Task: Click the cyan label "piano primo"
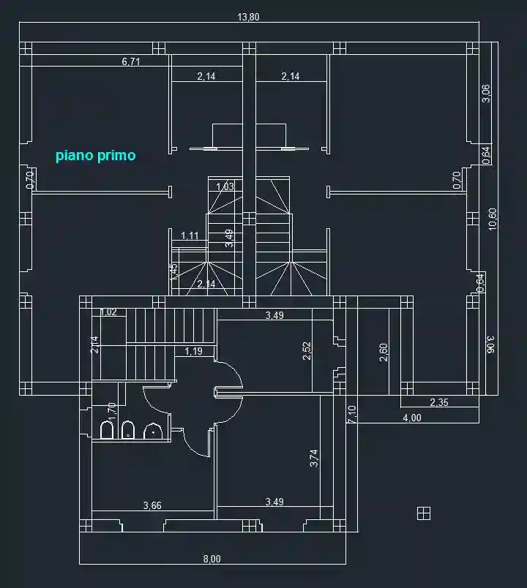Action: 96,156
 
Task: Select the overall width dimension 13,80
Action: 249,18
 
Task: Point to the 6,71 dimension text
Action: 131,62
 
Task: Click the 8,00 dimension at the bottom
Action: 211,559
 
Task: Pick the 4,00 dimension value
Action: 412,418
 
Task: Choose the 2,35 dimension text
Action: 440,402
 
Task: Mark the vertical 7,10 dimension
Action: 352,415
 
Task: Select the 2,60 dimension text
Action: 384,353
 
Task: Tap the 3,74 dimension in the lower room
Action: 314,459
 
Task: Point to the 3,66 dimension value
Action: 152,505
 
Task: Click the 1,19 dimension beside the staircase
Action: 194,352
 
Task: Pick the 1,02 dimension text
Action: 108,312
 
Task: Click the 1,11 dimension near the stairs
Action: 190,235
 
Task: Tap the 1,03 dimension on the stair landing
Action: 225,187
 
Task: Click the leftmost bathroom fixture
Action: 106,430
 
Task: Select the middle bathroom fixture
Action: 129,430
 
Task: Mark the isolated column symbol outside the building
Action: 422,513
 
